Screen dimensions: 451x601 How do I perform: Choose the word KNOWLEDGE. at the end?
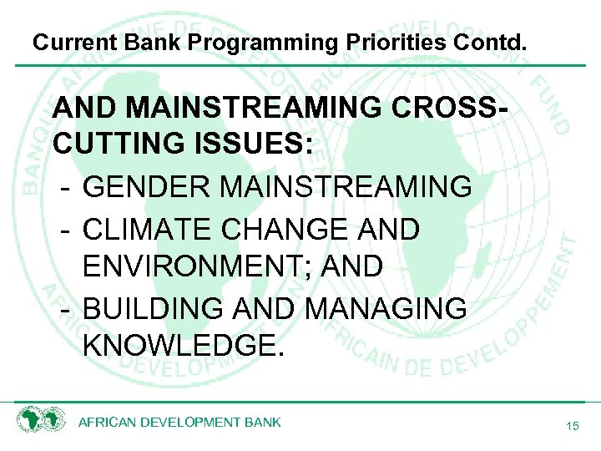point(184,346)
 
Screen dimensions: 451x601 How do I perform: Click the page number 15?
point(572,427)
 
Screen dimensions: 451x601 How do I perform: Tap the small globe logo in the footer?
point(41,420)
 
